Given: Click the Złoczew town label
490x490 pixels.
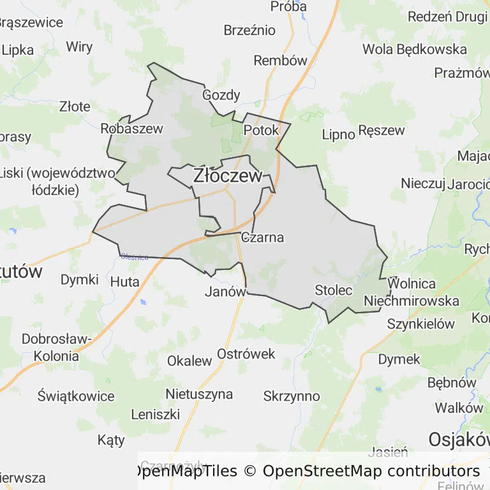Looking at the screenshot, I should (x=227, y=175).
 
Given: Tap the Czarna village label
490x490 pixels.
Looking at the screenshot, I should (x=262, y=237).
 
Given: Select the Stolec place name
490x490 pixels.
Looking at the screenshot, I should (x=333, y=290).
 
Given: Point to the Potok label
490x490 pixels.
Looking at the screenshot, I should (x=261, y=130).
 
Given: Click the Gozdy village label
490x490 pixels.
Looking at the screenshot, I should (x=221, y=95).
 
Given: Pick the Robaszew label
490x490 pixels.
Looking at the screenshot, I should (x=131, y=128).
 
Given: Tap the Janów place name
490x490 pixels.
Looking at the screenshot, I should (x=225, y=292).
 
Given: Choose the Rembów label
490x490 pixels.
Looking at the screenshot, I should (x=280, y=61).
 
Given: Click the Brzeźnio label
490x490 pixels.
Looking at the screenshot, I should (x=249, y=30).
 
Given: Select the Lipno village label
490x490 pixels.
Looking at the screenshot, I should (x=338, y=134).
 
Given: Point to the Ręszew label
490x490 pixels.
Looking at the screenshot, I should (x=382, y=130).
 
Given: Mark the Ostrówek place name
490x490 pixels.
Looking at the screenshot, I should (x=246, y=353).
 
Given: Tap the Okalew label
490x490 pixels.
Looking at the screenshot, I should (x=189, y=360).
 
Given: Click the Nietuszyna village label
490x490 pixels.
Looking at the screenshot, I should (x=199, y=394).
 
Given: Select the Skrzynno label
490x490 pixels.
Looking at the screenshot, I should (x=291, y=396).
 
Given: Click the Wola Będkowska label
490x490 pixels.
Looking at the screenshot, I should (x=414, y=49).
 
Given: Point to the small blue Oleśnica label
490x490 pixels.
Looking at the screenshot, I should (x=135, y=257).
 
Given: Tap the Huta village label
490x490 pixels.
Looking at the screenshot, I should (x=124, y=280).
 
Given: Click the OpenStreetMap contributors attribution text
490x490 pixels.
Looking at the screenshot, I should (x=371, y=471).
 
